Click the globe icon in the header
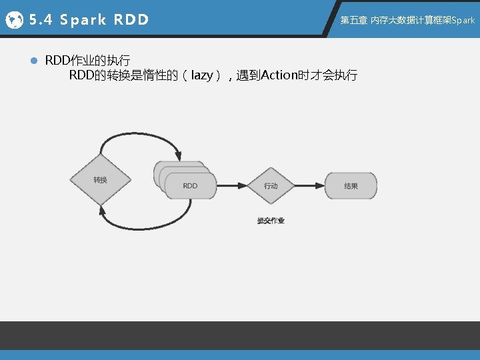(x=14, y=20)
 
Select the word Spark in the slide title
(x=83, y=20)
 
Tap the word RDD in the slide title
(x=131, y=20)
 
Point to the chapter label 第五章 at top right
(x=354, y=21)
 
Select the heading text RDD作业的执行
(x=87, y=61)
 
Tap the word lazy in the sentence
(x=201, y=75)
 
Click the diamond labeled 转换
(x=100, y=180)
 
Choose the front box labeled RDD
(x=191, y=185)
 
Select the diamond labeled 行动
(x=271, y=185)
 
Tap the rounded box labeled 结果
(x=351, y=185)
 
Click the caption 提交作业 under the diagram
(x=271, y=221)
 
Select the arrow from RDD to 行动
(x=231, y=185)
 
